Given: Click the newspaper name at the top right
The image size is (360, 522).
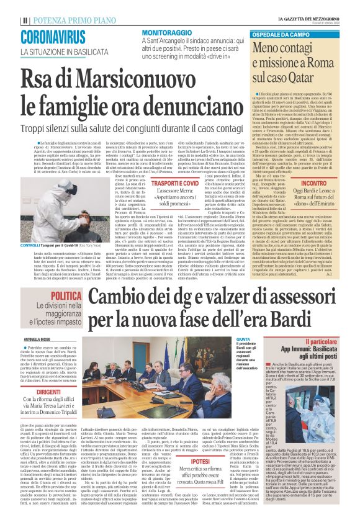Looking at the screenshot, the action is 317,19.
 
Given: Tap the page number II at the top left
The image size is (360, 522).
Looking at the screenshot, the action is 24,19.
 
